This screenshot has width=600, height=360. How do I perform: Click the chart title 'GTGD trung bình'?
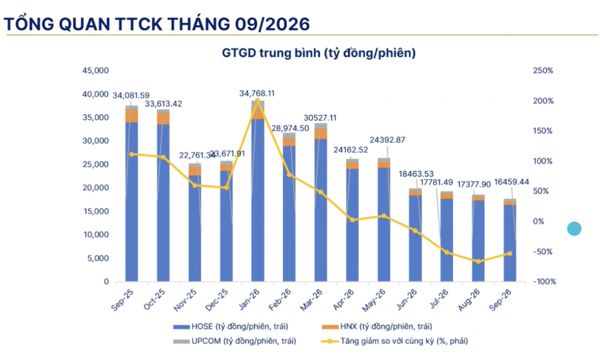click(x=271, y=53)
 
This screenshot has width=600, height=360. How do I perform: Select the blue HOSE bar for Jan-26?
click(x=258, y=201)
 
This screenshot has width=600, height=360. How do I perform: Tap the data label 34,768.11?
click(x=257, y=93)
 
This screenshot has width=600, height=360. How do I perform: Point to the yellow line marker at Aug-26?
click(x=478, y=262)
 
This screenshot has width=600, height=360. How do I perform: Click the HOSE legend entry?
click(x=231, y=327)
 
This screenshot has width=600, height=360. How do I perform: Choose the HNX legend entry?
click(x=377, y=327)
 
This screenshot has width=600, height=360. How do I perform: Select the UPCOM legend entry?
click(x=234, y=341)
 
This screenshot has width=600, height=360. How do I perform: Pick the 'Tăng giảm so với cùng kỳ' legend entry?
click(x=395, y=341)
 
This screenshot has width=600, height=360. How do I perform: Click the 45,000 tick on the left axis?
click(x=95, y=71)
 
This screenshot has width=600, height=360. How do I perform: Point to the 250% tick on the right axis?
click(x=543, y=71)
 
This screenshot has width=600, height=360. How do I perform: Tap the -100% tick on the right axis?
click(x=544, y=282)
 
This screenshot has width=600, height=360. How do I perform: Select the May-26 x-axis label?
click(x=374, y=299)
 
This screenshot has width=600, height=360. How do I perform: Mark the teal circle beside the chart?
click(x=574, y=229)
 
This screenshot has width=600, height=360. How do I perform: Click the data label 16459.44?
click(x=511, y=182)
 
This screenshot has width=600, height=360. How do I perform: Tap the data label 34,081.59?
click(x=131, y=95)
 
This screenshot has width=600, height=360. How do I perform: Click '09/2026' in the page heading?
click(x=272, y=25)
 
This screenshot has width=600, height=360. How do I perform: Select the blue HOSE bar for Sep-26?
click(x=510, y=243)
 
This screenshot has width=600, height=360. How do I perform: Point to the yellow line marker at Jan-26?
click(x=258, y=101)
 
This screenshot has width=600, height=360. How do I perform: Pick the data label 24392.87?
click(x=387, y=140)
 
